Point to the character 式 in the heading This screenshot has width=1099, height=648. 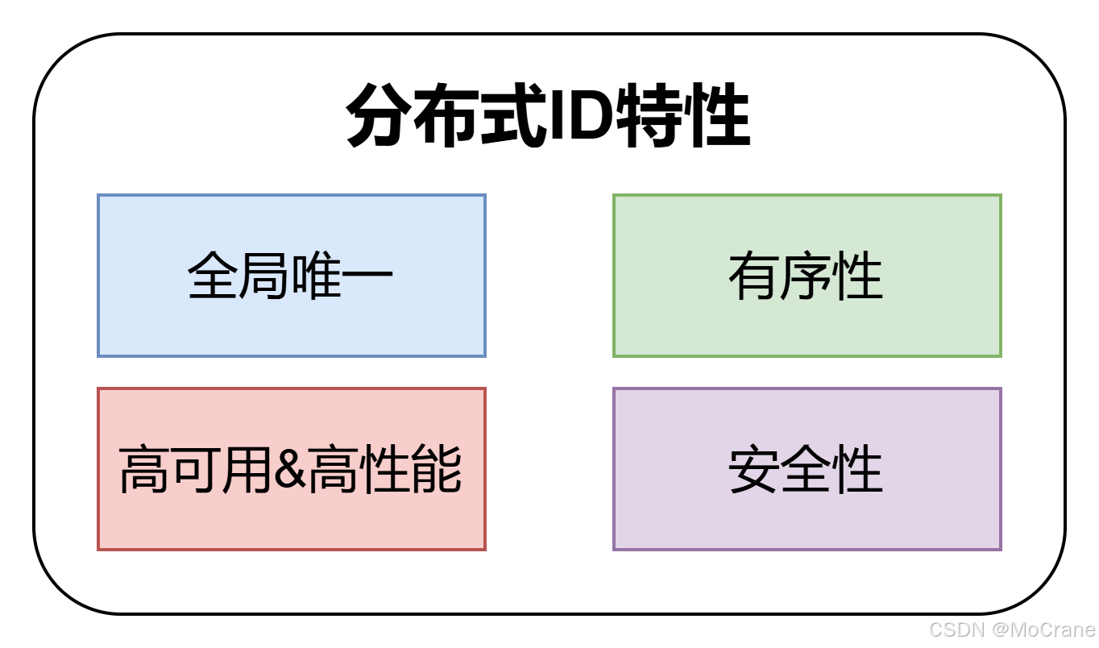tap(507, 118)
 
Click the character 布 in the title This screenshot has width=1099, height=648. tap(443, 118)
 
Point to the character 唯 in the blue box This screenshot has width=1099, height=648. tap(317, 276)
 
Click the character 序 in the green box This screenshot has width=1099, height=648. tap(806, 276)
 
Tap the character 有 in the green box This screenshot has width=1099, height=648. tap(754, 276)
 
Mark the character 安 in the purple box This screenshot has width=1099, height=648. tap(754, 470)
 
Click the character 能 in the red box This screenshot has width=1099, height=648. tap(436, 470)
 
